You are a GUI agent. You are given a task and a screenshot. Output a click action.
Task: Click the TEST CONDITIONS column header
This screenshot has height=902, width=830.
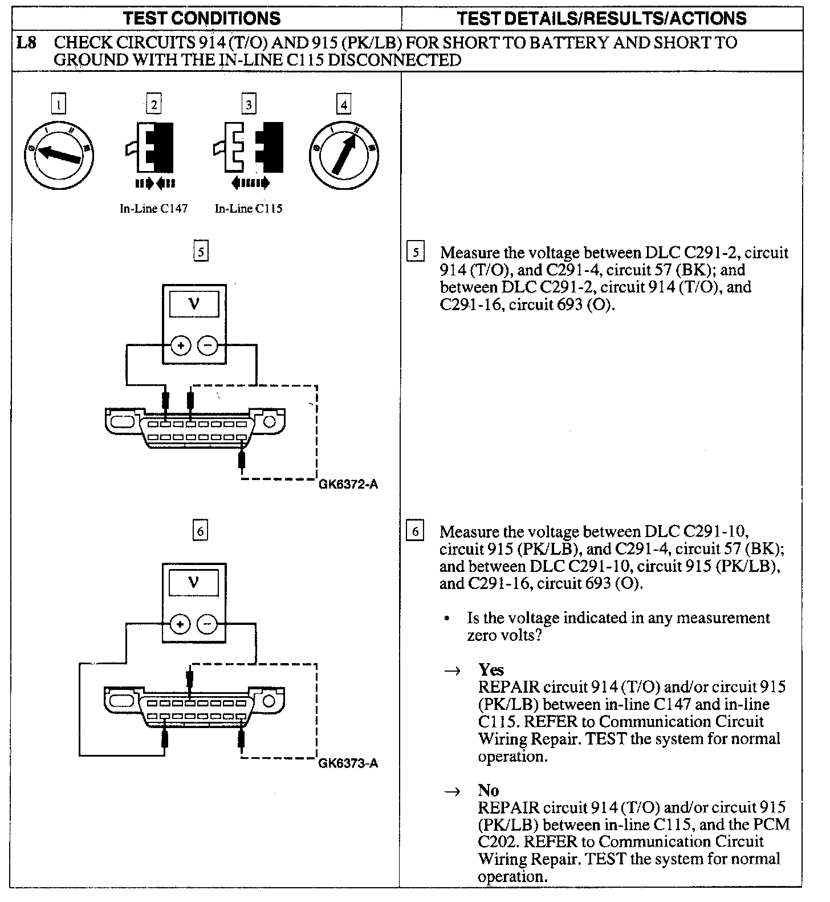202,18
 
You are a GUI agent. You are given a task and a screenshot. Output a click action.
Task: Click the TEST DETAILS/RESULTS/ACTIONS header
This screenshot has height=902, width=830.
601,18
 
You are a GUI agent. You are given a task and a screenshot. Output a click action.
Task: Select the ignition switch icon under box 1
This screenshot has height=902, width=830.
59,155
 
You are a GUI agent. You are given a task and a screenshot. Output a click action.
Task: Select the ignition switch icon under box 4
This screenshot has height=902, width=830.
343,155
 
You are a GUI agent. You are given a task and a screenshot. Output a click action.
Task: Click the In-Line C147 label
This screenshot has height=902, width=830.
153,209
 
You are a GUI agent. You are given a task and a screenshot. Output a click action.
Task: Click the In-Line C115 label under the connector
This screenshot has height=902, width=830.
249,209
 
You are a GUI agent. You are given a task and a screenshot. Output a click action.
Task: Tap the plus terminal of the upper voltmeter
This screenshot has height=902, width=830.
181,346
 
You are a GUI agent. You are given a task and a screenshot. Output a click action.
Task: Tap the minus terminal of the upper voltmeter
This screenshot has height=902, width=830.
207,346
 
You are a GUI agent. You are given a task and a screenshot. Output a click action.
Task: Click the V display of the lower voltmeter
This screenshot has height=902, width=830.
194,583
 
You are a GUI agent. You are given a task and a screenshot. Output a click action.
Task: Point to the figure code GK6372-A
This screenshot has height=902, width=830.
348,485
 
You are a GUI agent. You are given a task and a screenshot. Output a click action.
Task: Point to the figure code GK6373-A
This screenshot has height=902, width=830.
348,763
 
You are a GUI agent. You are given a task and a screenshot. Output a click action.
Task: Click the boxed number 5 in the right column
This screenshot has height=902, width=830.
416,252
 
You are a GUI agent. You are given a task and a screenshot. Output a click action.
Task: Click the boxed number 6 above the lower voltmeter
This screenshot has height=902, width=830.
200,531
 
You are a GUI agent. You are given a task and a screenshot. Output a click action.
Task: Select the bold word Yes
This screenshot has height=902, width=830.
491,669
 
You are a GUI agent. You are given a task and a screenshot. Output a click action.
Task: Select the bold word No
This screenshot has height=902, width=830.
489,790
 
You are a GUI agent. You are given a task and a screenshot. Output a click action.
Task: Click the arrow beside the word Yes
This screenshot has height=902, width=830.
453,671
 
